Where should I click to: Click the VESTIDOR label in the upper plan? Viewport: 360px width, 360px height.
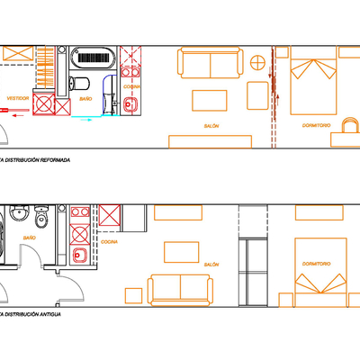tap(16, 96)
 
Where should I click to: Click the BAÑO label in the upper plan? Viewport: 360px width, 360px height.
tap(85, 97)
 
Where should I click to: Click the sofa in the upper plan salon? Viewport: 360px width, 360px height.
tap(210, 64)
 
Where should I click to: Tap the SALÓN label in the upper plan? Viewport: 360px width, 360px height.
tap(211, 126)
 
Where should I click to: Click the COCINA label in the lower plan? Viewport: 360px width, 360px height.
tap(108, 242)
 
